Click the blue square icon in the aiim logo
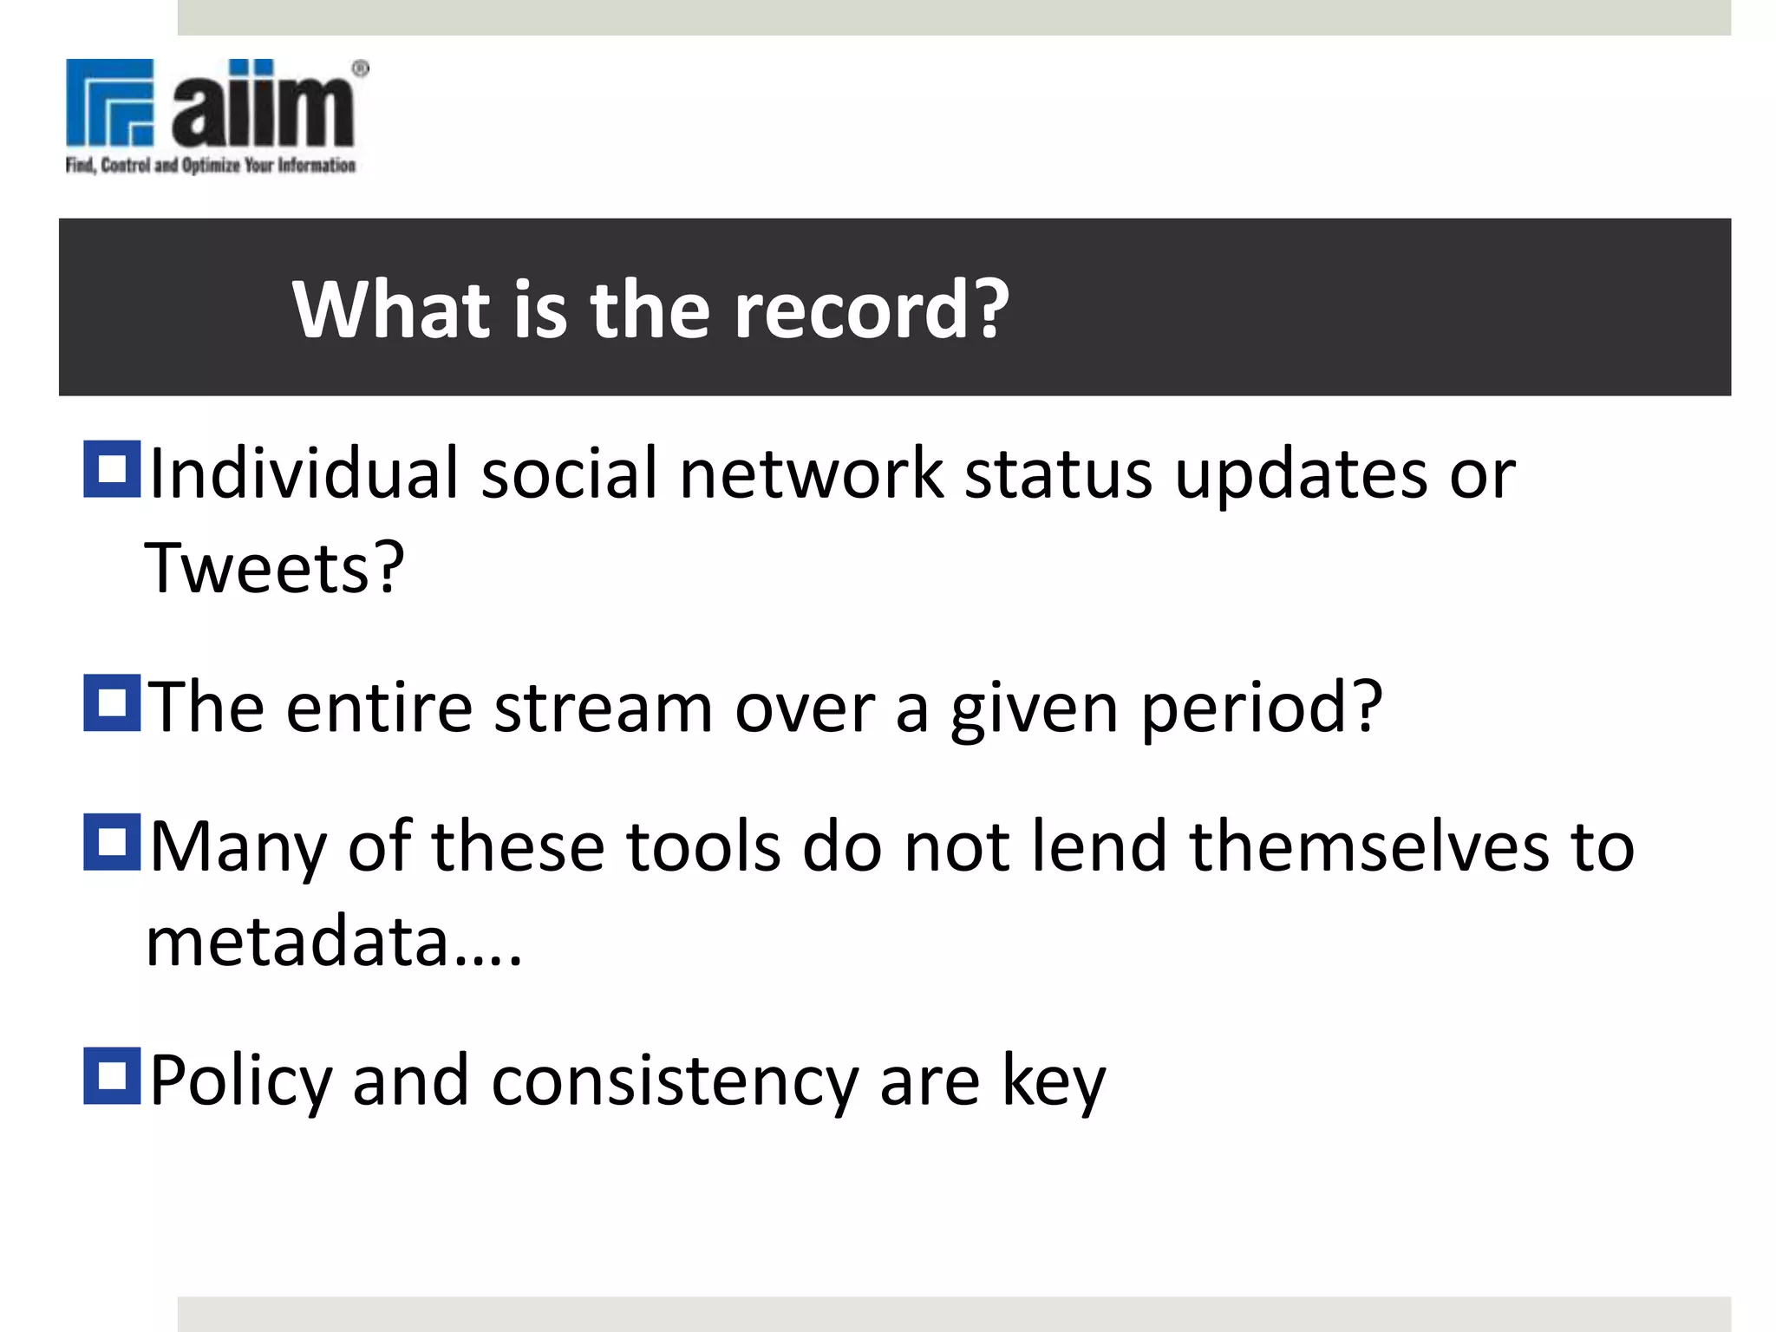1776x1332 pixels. pyautogui.click(x=110, y=101)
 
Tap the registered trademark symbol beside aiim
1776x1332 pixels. pyautogui.click(x=361, y=69)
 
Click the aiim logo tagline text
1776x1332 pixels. pyautogui.click(x=211, y=165)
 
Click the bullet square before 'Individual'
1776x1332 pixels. pyautogui.click(x=112, y=469)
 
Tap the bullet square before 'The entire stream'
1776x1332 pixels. pyautogui.click(x=112, y=702)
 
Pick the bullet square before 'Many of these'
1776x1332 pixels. pyautogui.click(x=112, y=841)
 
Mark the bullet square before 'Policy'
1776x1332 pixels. pyautogui.click(x=112, y=1076)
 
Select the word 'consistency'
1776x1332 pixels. pyautogui.click(x=675, y=1081)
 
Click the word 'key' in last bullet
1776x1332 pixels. pyautogui.click(x=1054, y=1081)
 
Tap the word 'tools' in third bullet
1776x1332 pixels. pyautogui.click(x=702, y=847)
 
